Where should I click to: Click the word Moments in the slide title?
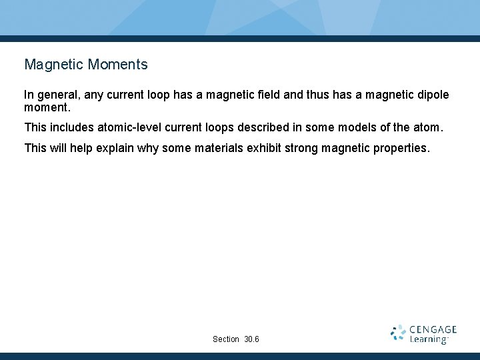pyautogui.click(x=117, y=65)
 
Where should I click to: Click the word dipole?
pyautogui.click(x=431, y=95)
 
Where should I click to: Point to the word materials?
pyautogui.click(x=217, y=147)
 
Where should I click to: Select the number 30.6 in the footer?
pyautogui.click(x=252, y=339)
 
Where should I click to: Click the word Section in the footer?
pyautogui.click(x=226, y=339)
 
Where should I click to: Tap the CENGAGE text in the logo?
pyautogui.click(x=433, y=329)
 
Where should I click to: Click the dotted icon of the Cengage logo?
pyautogui.click(x=398, y=333)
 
